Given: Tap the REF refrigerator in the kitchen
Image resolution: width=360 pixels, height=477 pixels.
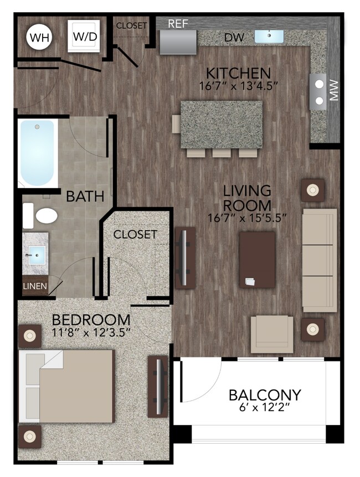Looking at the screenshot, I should click(177, 42).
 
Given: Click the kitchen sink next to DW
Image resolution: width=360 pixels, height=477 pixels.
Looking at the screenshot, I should click(269, 37).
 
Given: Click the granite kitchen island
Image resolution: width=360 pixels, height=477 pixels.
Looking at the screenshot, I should click(221, 124).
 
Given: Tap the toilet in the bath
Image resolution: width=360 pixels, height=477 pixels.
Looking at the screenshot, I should click(44, 215).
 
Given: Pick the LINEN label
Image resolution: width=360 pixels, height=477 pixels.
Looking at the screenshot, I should click(35, 287).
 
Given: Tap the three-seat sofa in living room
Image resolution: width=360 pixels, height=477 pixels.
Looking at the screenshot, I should click(320, 260).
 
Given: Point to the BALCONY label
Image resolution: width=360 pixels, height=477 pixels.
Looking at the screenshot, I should click(265, 395).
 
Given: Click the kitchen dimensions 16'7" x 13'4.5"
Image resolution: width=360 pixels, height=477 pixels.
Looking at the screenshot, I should click(238, 86).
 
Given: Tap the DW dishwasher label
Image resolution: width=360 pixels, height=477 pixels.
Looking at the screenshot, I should click(232, 37).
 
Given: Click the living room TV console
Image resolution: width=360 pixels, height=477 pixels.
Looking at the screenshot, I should click(185, 258).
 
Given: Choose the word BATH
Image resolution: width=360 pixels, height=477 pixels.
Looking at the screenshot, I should click(85, 196).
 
